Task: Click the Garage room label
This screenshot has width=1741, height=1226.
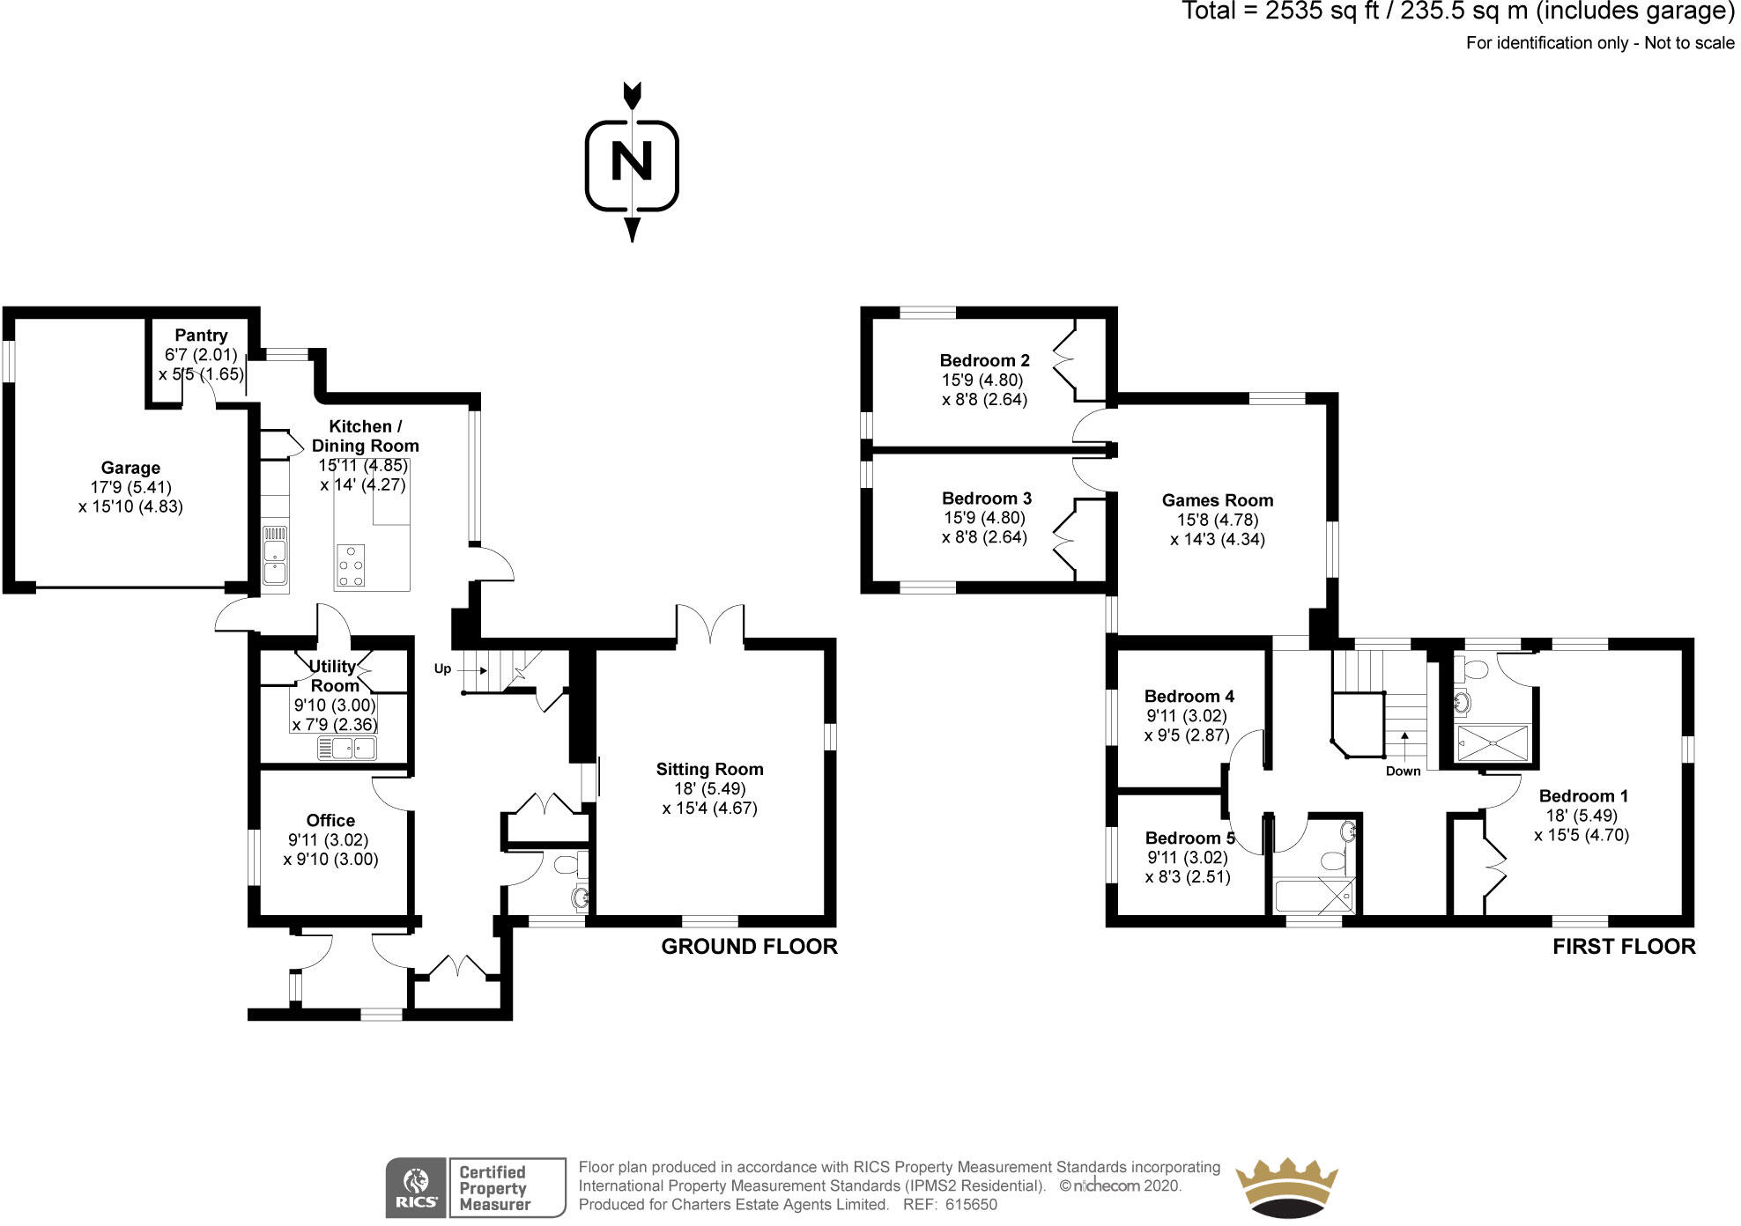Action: (130, 468)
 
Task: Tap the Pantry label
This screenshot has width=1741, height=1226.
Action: (201, 335)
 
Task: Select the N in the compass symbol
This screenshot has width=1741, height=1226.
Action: (632, 162)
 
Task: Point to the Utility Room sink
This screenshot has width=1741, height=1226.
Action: (347, 749)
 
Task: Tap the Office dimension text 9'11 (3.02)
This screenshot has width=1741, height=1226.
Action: (328, 840)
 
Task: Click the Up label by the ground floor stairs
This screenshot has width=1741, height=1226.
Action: (442, 668)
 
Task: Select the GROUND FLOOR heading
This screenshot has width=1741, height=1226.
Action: (749, 947)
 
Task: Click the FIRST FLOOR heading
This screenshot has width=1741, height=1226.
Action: (1624, 947)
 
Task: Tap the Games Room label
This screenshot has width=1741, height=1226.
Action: (1217, 500)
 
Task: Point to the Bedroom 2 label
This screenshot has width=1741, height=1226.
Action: (984, 360)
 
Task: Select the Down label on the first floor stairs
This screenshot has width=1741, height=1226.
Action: (1403, 772)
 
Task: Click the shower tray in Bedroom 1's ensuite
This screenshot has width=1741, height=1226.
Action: (1494, 743)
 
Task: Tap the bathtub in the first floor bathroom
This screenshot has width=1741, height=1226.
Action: (1313, 896)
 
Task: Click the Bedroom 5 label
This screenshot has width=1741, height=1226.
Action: (1189, 838)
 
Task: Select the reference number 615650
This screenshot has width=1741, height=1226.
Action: (970, 1205)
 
